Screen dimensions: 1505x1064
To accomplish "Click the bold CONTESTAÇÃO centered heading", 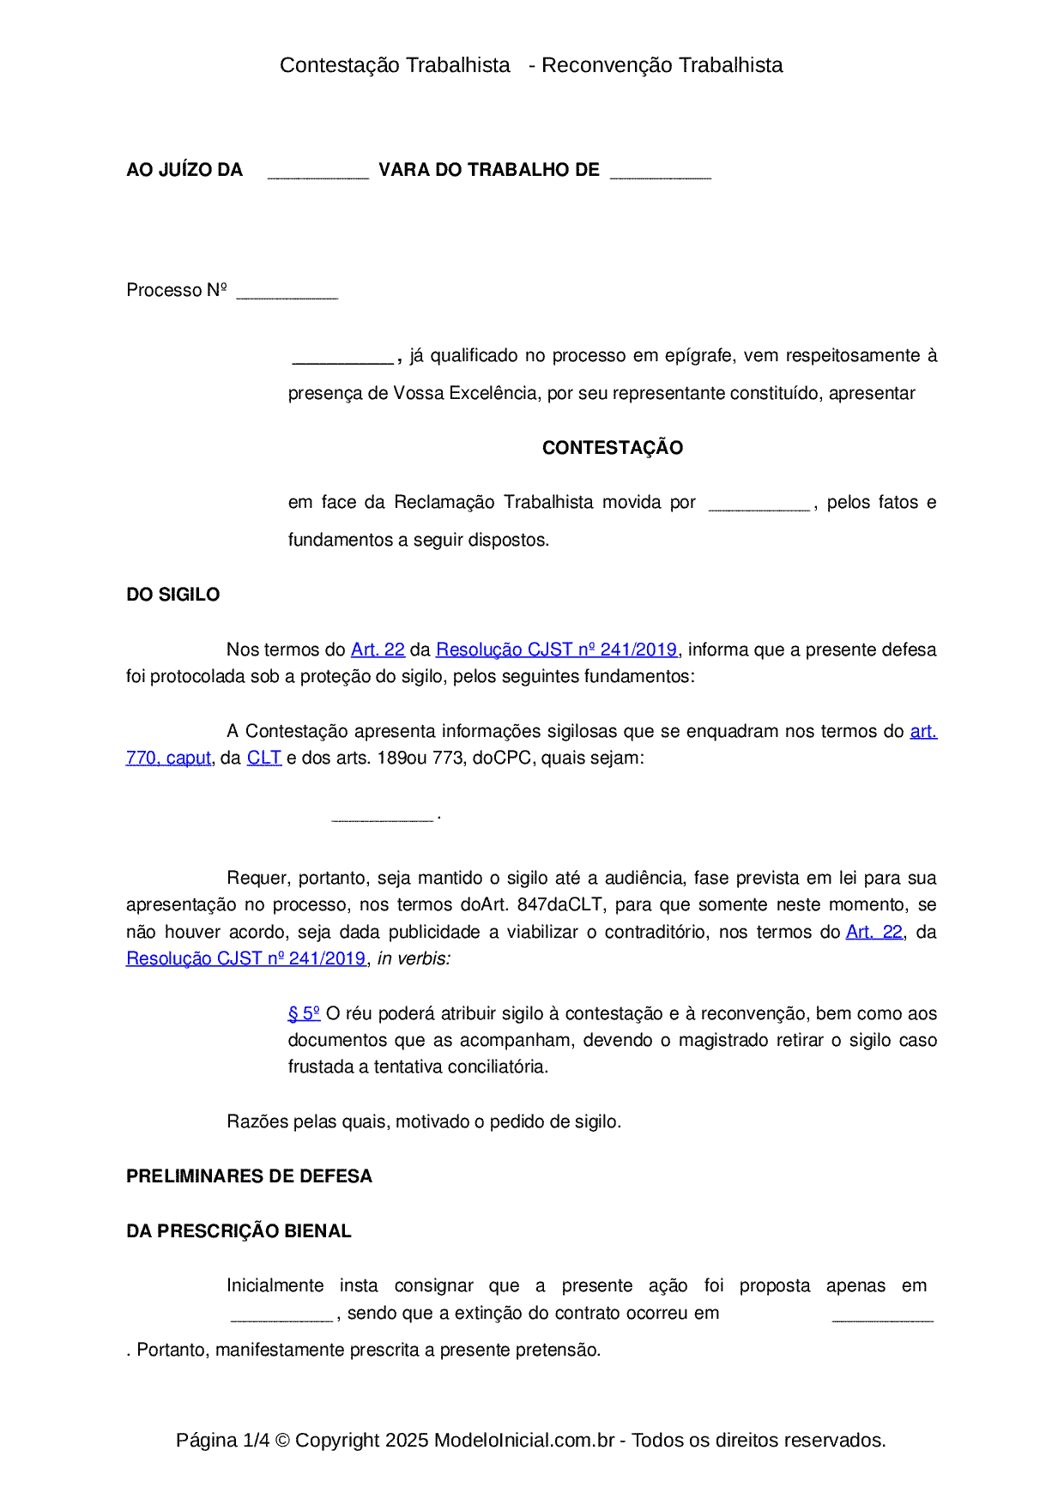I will pos(612,448).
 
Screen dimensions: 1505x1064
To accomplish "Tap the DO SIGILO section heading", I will pos(172,595).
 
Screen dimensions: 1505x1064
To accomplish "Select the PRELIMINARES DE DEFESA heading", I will pos(249,1176).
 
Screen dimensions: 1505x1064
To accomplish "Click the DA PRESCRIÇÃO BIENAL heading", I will pos(239,1231).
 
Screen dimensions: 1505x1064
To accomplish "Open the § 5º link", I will pos(304,1013).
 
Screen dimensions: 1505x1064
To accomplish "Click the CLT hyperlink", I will pos(264,758).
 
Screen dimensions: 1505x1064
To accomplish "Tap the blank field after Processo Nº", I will pos(287,292).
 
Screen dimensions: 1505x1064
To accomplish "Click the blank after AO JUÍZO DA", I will pos(317,172).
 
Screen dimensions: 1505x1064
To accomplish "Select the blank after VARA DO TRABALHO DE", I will pos(660,172).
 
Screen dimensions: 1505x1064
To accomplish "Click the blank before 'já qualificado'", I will pos(342,357).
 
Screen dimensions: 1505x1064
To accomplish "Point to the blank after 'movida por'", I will pos(759,504).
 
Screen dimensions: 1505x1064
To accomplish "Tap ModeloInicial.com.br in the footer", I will pos(524,1440).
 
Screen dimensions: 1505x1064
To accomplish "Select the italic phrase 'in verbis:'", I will pos(414,958).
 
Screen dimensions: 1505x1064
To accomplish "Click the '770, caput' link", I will pos(168,758).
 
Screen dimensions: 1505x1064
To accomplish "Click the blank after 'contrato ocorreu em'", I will pos(882,1315).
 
